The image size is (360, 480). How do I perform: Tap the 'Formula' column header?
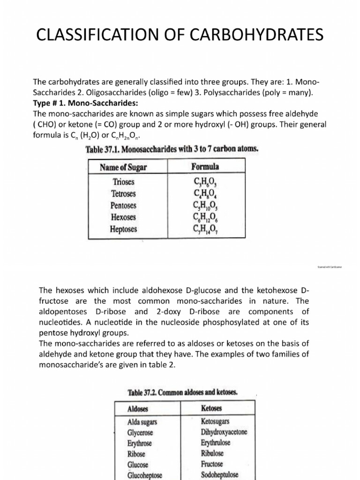coord(205,166)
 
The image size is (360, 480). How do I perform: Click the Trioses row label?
coord(124,181)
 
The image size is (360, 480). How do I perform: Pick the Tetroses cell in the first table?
coord(124,193)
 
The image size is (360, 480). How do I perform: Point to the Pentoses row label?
coord(124,205)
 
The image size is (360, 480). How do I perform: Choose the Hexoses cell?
coord(124,217)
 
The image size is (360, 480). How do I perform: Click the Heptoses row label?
coord(124,230)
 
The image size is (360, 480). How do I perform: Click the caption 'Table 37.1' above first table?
coord(172,149)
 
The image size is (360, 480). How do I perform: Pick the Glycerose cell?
coord(140,433)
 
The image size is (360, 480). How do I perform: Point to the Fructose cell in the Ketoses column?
coord(213,464)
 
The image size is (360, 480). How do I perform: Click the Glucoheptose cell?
coord(144,475)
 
